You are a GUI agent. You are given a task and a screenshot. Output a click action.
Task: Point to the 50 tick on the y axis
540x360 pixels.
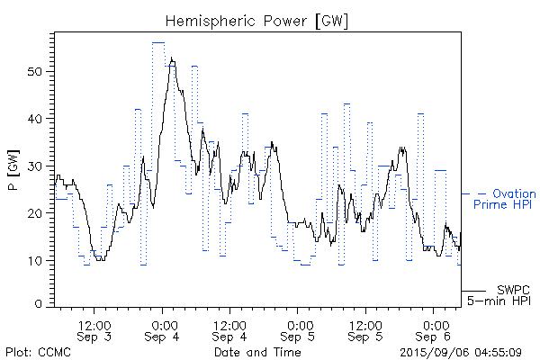click(39, 71)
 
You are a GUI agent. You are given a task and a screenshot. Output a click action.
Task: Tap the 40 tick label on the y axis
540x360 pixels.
click(39, 119)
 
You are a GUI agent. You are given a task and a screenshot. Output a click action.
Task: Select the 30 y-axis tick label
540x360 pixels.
click(39, 166)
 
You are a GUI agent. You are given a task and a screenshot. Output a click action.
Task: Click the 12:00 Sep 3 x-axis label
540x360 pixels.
click(94, 329)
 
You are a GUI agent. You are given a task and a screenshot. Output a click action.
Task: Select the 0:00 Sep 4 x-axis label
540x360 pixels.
click(163, 329)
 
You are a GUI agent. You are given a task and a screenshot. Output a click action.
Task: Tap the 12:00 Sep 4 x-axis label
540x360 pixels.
click(230, 329)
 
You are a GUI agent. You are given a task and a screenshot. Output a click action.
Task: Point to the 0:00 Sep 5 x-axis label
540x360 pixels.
click(299, 329)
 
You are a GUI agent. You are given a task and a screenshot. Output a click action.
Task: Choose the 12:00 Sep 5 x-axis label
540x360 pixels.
click(366, 329)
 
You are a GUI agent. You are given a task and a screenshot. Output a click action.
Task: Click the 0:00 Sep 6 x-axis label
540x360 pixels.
click(435, 329)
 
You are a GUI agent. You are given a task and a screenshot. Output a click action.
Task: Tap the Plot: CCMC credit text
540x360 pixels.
click(36, 351)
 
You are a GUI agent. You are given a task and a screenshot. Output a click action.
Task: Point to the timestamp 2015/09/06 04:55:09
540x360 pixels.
click(469, 351)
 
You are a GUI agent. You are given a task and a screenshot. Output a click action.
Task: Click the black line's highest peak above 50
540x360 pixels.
click(170, 58)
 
